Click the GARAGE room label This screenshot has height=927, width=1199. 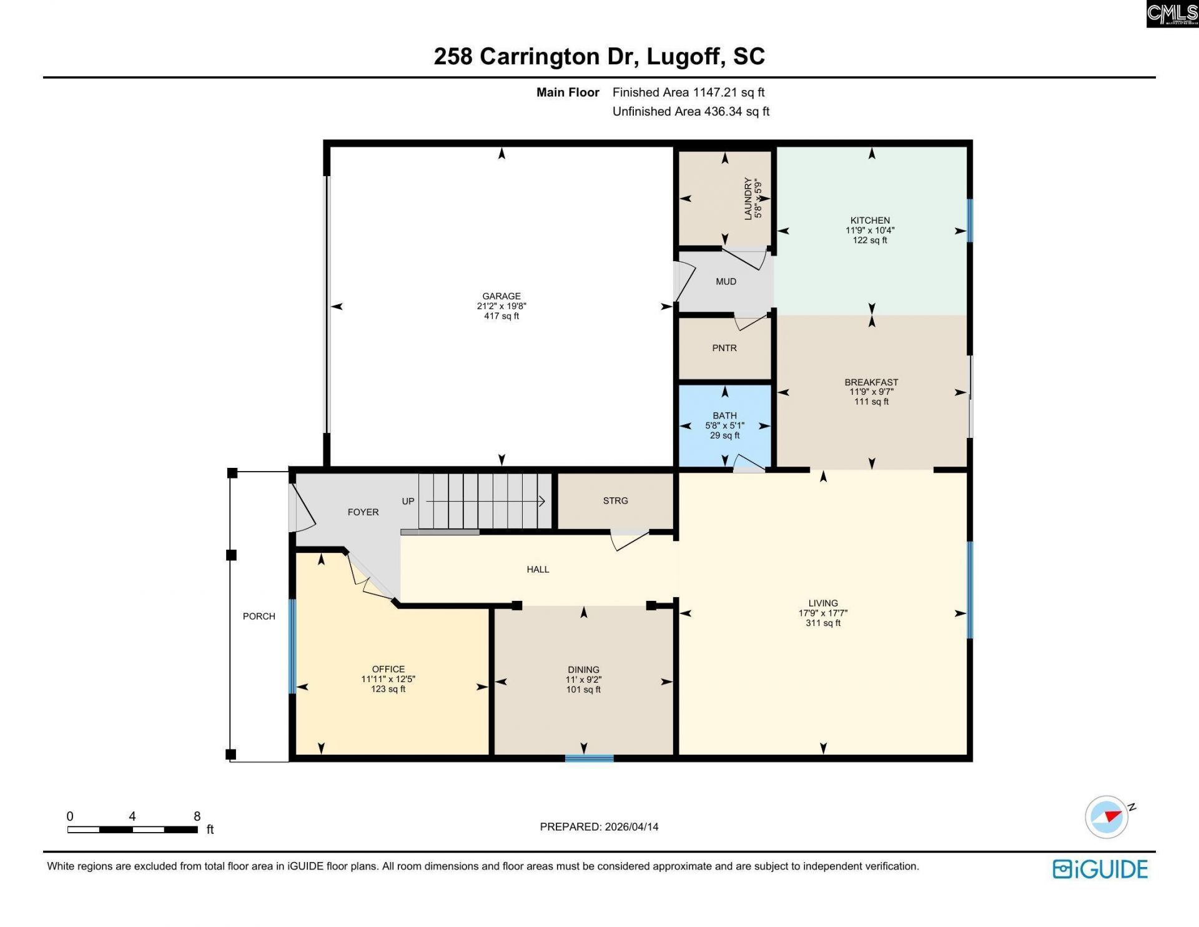(x=501, y=296)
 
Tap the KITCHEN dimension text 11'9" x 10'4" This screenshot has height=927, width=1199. (x=870, y=231)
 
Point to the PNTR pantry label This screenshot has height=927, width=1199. (x=724, y=348)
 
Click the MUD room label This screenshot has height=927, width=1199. (x=726, y=282)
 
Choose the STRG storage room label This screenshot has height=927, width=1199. (x=615, y=501)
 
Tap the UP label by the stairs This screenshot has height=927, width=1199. (x=408, y=501)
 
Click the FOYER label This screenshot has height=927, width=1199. (x=363, y=512)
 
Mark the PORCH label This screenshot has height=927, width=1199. (x=259, y=617)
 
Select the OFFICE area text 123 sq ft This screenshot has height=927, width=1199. (x=388, y=689)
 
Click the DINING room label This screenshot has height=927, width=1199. (x=583, y=670)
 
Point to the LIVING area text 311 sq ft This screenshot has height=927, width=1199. (x=822, y=623)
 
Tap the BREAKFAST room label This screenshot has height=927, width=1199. (x=871, y=382)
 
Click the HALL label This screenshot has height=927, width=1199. (x=538, y=570)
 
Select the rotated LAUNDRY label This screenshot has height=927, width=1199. (x=748, y=199)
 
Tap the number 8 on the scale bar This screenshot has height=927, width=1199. (x=197, y=816)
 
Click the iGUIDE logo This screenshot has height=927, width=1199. (x=1100, y=869)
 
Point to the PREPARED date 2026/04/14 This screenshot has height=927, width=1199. (x=631, y=826)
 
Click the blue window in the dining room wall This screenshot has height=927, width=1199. (x=589, y=758)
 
